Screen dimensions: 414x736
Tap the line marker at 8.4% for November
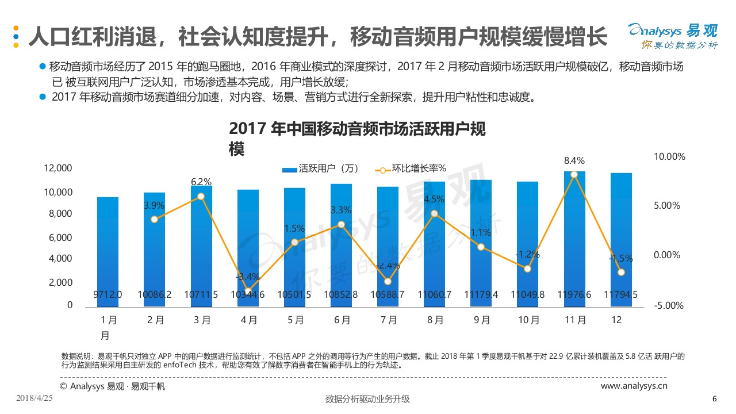click(574, 174)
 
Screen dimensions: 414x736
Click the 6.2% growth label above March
click(201, 182)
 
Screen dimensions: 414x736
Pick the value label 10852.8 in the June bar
click(341, 294)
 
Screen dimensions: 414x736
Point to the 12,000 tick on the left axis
click(58, 168)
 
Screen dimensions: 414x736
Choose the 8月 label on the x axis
click(435, 320)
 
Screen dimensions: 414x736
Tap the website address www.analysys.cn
click(634, 386)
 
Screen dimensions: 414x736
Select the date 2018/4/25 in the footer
click(35, 398)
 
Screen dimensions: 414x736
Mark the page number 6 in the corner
click(714, 398)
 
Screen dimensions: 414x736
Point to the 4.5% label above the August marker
click(434, 200)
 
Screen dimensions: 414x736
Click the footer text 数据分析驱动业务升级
click(367, 399)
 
